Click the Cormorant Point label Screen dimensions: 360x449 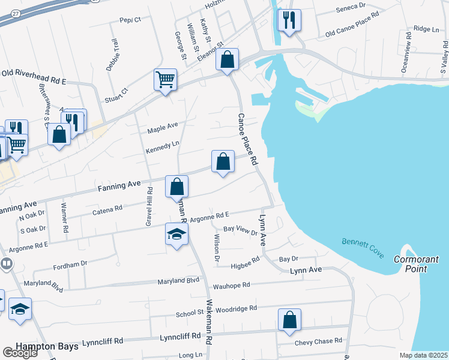coord(417,264)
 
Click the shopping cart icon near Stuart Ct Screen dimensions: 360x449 coord(165,79)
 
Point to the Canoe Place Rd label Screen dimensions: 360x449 coord(247,139)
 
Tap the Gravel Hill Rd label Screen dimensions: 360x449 coord(149,206)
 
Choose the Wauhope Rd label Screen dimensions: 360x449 coord(231,286)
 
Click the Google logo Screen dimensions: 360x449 coord(20,353)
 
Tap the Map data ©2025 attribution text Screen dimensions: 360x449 coord(423,355)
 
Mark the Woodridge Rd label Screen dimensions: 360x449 coord(237,308)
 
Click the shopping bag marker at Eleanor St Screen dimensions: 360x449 coord(227,59)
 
